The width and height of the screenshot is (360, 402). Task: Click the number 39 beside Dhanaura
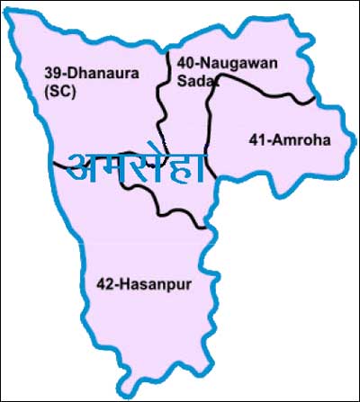51,76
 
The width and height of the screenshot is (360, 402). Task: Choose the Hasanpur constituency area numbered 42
135,315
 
